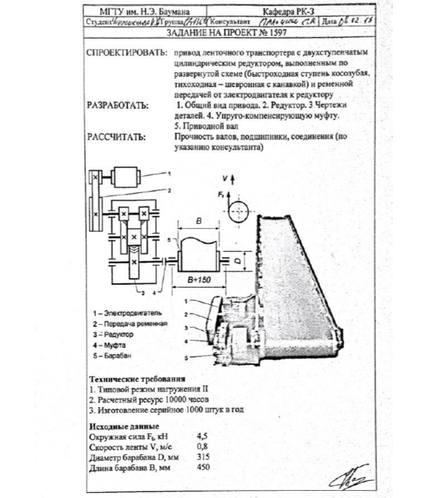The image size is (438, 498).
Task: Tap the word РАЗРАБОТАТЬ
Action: pyautogui.click(x=118, y=105)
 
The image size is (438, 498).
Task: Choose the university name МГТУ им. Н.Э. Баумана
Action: pyautogui.click(x=134, y=12)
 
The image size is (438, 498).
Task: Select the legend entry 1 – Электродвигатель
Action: pyautogui.click(x=131, y=313)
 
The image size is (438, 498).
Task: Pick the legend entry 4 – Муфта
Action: pyautogui.click(x=116, y=345)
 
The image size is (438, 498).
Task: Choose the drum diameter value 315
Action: pyautogui.click(x=203, y=457)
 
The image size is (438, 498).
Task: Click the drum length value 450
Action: pyautogui.click(x=203, y=468)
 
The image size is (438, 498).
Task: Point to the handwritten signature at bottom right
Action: pyautogui.click(x=349, y=475)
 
